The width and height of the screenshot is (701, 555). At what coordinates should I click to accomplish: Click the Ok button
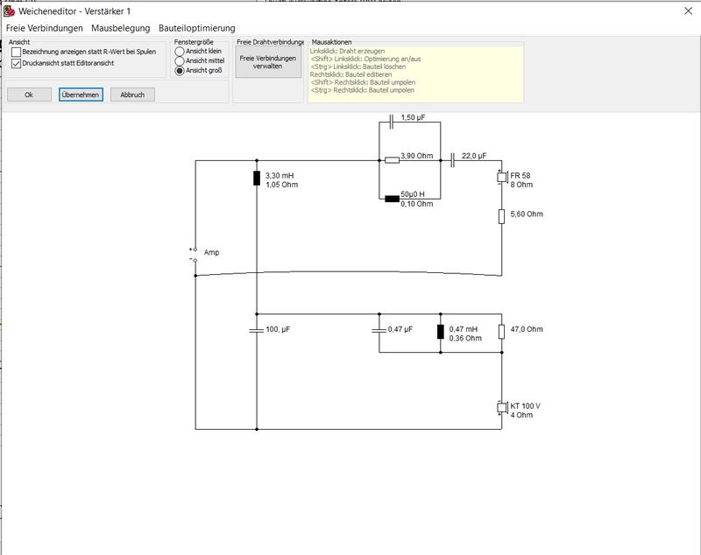tap(29, 95)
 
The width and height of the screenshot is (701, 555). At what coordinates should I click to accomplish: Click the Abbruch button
tap(132, 95)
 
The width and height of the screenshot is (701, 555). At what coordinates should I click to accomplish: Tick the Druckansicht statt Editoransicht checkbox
tap(16, 63)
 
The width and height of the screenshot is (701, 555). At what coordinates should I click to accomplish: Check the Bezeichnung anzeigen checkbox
tap(16, 52)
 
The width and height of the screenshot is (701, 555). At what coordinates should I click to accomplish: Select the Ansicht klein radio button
tap(180, 52)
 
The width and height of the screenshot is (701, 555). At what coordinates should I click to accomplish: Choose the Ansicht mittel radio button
tap(180, 60)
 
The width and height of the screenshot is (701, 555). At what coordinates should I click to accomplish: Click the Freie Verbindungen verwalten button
tap(268, 62)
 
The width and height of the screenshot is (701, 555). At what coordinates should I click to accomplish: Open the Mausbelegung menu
tap(121, 28)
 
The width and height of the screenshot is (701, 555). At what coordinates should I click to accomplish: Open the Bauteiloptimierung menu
tap(196, 28)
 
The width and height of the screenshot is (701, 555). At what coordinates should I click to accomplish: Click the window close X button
tap(688, 11)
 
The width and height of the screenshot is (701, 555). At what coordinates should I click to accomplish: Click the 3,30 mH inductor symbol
tap(257, 178)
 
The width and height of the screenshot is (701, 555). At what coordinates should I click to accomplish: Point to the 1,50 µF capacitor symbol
tap(392, 122)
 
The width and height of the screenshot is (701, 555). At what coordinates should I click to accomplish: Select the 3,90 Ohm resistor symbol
tap(392, 160)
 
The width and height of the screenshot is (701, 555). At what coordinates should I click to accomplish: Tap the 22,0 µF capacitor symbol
tap(452, 160)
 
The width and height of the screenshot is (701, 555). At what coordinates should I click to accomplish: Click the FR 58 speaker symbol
tap(502, 177)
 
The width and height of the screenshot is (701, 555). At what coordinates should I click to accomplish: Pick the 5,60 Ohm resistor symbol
tap(501, 216)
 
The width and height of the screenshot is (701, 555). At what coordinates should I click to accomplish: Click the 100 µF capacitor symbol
tap(257, 330)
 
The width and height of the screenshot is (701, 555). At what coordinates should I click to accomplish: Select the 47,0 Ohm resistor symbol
tap(501, 332)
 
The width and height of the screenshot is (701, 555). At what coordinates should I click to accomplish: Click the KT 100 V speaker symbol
tap(502, 408)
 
